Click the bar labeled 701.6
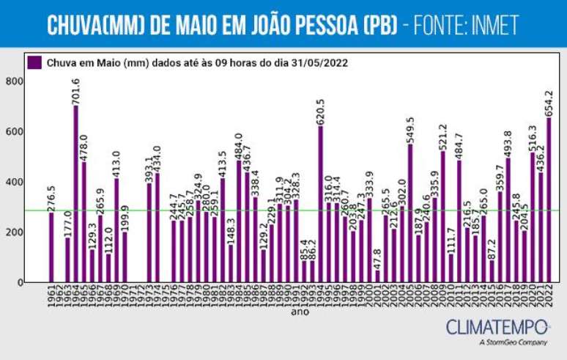(75, 194)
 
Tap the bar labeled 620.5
(320, 205)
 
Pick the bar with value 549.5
(410, 213)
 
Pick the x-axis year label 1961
(52, 296)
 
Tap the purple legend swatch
(34, 62)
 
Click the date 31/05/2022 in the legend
(319, 63)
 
